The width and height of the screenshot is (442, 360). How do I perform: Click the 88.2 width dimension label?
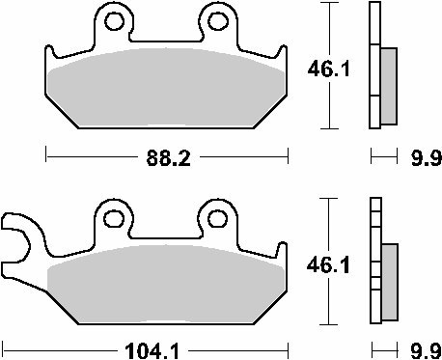(x=167, y=155)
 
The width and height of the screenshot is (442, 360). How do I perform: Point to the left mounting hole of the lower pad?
(x=116, y=216)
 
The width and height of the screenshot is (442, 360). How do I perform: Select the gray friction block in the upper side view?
(x=389, y=87)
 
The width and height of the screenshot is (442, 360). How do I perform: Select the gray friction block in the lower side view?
(x=389, y=280)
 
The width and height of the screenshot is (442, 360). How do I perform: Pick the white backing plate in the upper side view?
(x=374, y=68)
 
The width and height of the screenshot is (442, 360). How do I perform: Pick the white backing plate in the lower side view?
(x=374, y=263)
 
